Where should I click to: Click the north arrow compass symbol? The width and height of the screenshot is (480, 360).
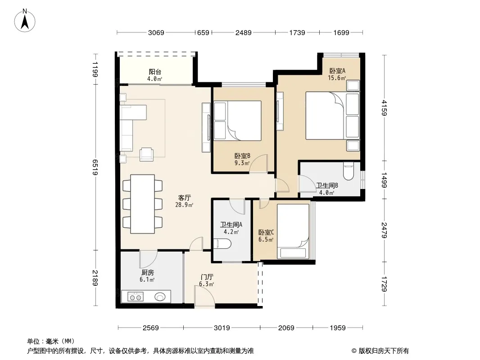[x=25, y=21]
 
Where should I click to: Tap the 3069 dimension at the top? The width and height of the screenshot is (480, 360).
[x=156, y=33]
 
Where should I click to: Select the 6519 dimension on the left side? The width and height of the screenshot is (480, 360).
[x=95, y=167]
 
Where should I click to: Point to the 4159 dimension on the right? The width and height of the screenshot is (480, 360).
[x=385, y=108]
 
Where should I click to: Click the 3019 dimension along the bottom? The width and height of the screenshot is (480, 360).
[x=222, y=328]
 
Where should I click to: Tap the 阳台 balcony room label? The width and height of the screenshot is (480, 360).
[x=155, y=72]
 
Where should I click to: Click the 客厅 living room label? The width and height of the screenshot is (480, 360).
[x=184, y=198]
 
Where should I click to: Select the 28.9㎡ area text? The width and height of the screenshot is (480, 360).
[x=184, y=205]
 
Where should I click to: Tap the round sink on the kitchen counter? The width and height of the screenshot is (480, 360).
[x=160, y=297]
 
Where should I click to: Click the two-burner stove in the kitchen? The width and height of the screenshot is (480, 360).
[x=135, y=297]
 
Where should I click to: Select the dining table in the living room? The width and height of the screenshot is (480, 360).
[x=142, y=204]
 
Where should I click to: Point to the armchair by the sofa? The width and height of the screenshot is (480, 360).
[x=146, y=154]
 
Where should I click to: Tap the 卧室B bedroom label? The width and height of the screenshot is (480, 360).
[x=242, y=156]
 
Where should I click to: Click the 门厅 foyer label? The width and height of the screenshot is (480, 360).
[x=207, y=277]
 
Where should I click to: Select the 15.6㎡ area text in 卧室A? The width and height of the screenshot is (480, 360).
[x=337, y=78]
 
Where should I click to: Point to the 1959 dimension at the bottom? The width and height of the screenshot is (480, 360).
[x=338, y=328]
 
